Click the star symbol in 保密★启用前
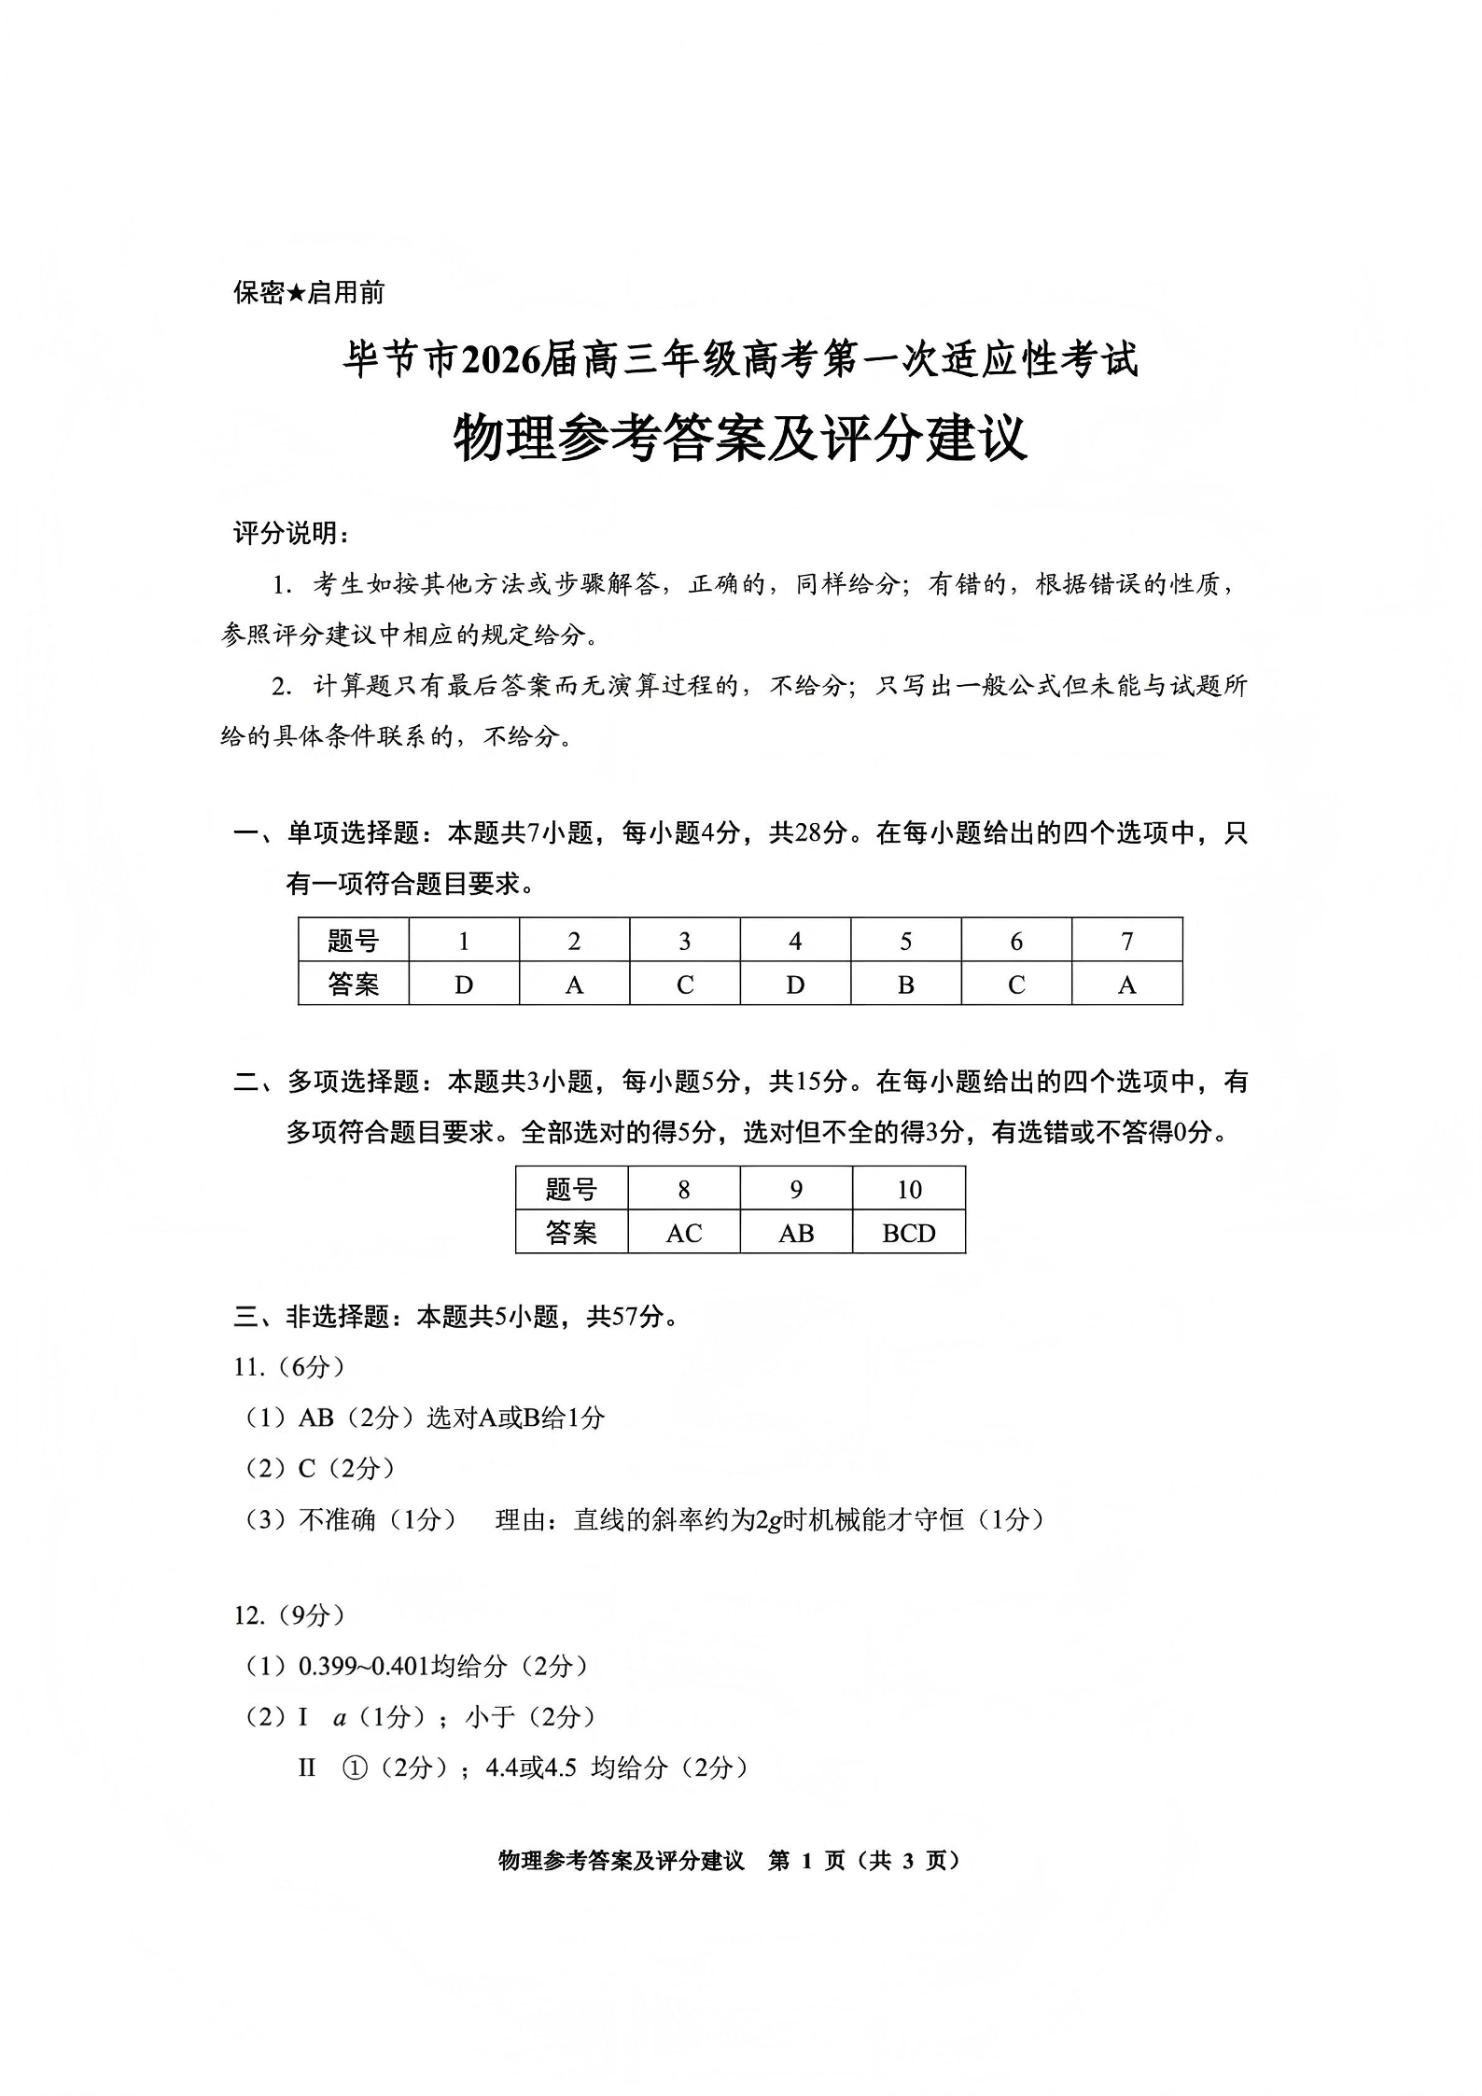pos(296,293)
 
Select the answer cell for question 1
pos(464,985)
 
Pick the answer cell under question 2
pos(574,985)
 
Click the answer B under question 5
pos(905,985)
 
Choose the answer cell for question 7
pos(1126,985)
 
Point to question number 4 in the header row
pos(795,941)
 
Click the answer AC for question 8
pos(683,1233)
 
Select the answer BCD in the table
pos(908,1233)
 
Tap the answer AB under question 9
pos(796,1233)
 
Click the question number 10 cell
pos(908,1189)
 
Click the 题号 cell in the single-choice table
pos(354,941)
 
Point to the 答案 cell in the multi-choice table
pos(571,1233)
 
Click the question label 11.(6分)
pos(289,1367)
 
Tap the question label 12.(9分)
pos(289,1615)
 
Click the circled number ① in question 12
pos(355,1767)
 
